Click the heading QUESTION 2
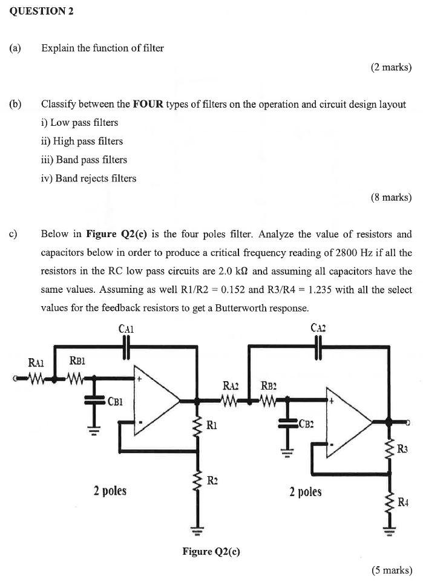pos(41,12)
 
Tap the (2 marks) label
pos(391,68)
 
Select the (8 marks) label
pos(391,197)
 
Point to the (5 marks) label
pos(391,570)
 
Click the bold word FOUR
pos(149,104)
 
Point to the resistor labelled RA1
pos(36,380)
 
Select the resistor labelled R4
pos(388,500)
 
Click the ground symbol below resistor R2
pos(197,531)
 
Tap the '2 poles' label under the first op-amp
pos(110,490)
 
